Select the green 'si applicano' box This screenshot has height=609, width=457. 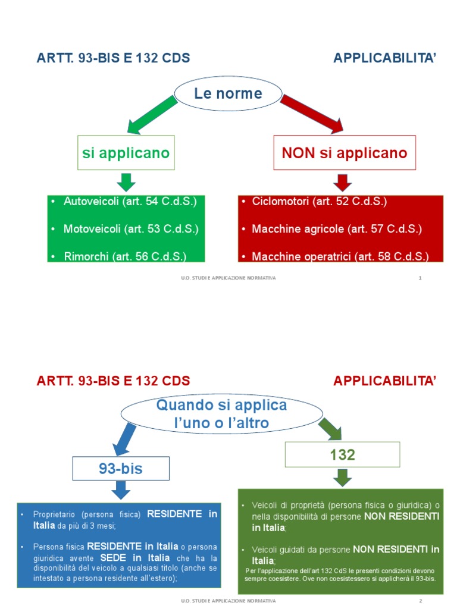pyautogui.click(x=126, y=153)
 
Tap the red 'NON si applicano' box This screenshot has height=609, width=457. pyautogui.click(x=345, y=153)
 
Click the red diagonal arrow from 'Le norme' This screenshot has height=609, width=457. pyautogui.click(x=312, y=114)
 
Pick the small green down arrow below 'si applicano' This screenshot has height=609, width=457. pyautogui.click(x=126, y=182)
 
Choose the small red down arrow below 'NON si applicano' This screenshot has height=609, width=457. pyautogui.click(x=343, y=182)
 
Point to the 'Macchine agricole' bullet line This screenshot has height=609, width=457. pyautogui.click(x=336, y=229)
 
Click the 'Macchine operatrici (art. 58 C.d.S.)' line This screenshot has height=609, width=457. pyautogui.click(x=340, y=256)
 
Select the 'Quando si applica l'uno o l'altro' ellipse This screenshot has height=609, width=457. pyautogui.click(x=221, y=414)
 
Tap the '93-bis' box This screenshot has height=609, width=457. pyautogui.click(x=121, y=469)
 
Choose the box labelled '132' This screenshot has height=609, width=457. pyautogui.click(x=342, y=455)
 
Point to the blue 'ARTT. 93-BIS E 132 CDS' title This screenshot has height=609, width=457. pyautogui.click(x=113, y=58)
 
